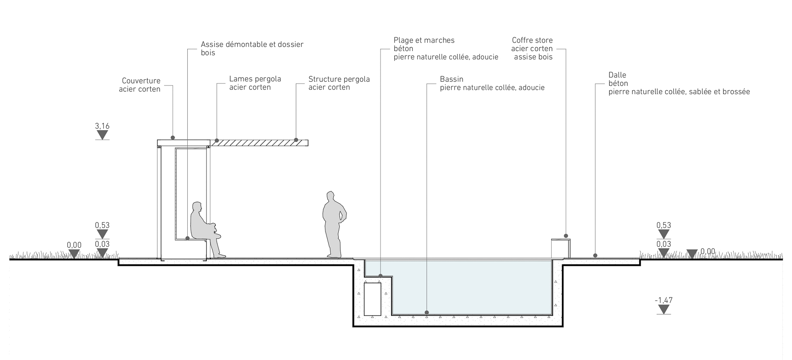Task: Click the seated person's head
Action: coord(196,207)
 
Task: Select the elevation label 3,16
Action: coord(102,126)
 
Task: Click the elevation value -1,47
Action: coord(663,300)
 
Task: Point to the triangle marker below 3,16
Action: coord(102,135)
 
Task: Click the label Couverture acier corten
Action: coord(140,85)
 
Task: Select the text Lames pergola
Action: coord(255,79)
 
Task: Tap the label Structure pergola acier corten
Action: coord(339,83)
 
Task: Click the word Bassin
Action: coord(452,79)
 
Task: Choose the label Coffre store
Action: coord(532,40)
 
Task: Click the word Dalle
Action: coord(617,75)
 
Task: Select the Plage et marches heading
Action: coord(424,40)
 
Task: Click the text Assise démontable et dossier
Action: coord(252,44)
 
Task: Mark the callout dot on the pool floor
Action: coord(427,313)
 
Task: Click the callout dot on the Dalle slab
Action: coord(595,256)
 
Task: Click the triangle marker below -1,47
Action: coord(663,309)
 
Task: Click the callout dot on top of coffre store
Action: coord(566,236)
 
